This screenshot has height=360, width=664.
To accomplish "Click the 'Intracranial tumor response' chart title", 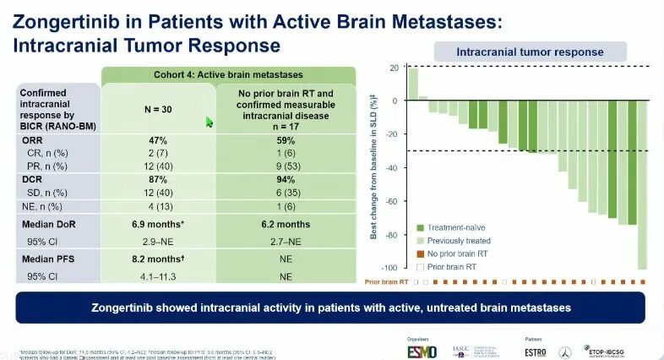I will click(530, 52).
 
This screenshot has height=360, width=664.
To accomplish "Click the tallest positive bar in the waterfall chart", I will click(413, 85).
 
